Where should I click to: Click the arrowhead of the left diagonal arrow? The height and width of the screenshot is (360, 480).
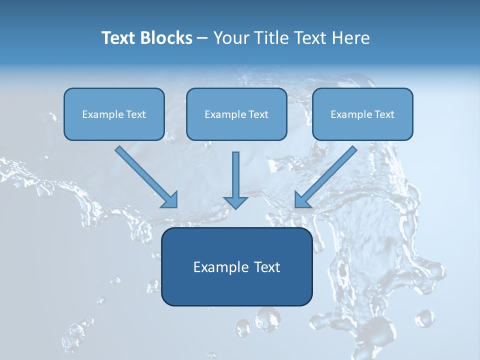pyautogui.click(x=170, y=200)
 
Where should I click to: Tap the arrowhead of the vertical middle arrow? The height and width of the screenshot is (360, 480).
pyautogui.click(x=235, y=202)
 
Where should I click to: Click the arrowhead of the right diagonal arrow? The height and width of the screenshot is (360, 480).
pyautogui.click(x=302, y=200)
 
